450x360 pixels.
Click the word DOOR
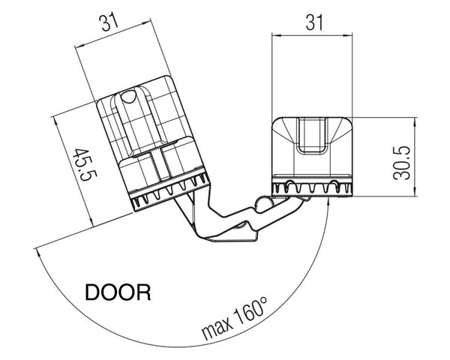[x=118, y=292]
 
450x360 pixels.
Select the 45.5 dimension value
[x=85, y=164]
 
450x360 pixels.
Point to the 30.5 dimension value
[x=402, y=163]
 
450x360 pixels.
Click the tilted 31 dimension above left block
[x=109, y=22]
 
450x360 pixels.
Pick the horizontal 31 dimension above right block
[x=314, y=22]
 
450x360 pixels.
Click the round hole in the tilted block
[x=128, y=97]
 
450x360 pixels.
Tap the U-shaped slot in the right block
[x=312, y=135]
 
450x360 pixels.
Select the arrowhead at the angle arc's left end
[x=37, y=253]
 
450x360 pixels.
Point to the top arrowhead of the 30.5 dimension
[x=414, y=121]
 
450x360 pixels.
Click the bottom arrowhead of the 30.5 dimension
[x=414, y=192]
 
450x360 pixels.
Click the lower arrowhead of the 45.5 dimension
[x=91, y=222]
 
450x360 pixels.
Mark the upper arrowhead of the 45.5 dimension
[x=55, y=121]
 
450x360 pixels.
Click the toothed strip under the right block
[x=312, y=188]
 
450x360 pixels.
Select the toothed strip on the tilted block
[x=170, y=192]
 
